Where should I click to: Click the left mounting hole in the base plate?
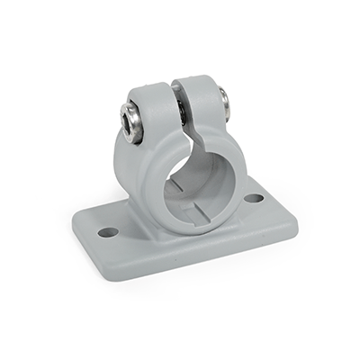coord(108,231)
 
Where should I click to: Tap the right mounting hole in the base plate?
coord(254,198)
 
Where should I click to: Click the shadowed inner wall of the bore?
coord(180,171)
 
